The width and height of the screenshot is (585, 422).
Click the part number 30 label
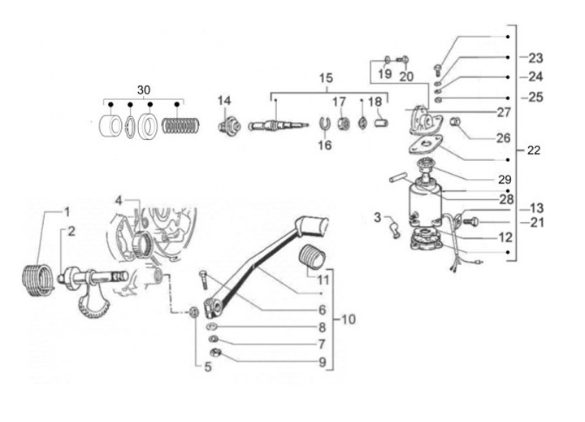[x=144, y=90]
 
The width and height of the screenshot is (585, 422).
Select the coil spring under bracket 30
[x=181, y=125]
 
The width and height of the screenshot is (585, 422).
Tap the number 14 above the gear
[x=224, y=101]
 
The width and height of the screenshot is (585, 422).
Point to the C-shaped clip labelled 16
[x=325, y=124]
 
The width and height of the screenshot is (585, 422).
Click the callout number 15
[x=326, y=78]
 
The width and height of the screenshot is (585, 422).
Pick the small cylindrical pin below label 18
[x=381, y=122]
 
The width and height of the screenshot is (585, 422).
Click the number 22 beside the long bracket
[x=534, y=150]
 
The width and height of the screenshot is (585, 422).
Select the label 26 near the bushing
[x=503, y=138]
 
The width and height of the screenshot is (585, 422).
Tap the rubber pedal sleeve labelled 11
[x=313, y=258]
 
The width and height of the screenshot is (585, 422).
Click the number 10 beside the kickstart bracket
[x=349, y=320]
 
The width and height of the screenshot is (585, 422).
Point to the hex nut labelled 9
[x=215, y=352]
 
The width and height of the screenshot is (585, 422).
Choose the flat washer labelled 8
[x=212, y=327]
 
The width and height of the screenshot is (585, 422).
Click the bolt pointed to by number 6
[x=204, y=280]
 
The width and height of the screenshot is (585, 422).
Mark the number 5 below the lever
[x=208, y=367]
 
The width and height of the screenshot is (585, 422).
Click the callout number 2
[x=71, y=232]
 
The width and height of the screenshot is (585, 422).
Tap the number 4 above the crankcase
[x=119, y=201]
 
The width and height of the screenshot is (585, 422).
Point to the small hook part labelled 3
[x=394, y=229]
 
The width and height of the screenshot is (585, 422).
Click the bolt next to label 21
[x=470, y=222]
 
